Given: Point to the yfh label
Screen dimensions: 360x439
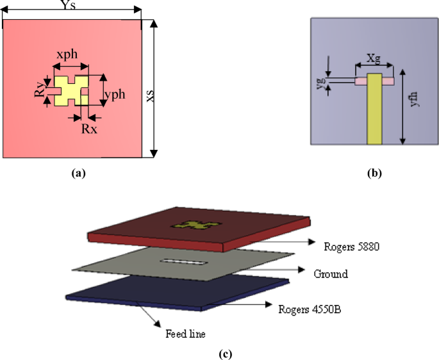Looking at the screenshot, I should coord(415,98).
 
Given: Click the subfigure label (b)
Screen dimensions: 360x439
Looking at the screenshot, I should coord(375,172).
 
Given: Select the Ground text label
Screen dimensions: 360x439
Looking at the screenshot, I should coord(331,274).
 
